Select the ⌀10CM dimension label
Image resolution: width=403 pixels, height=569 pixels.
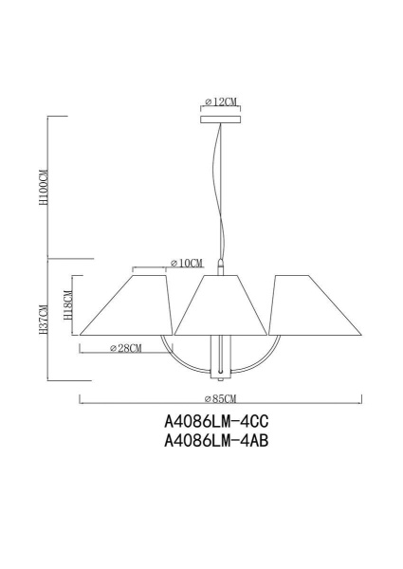click(x=187, y=263)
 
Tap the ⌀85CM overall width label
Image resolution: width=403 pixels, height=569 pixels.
click(x=219, y=399)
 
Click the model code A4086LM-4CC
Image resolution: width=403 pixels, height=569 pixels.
click(x=211, y=420)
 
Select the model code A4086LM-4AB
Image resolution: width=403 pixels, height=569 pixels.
click(x=211, y=440)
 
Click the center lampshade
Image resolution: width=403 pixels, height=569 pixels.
click(x=221, y=305)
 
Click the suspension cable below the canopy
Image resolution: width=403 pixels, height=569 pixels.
click(x=222, y=190)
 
